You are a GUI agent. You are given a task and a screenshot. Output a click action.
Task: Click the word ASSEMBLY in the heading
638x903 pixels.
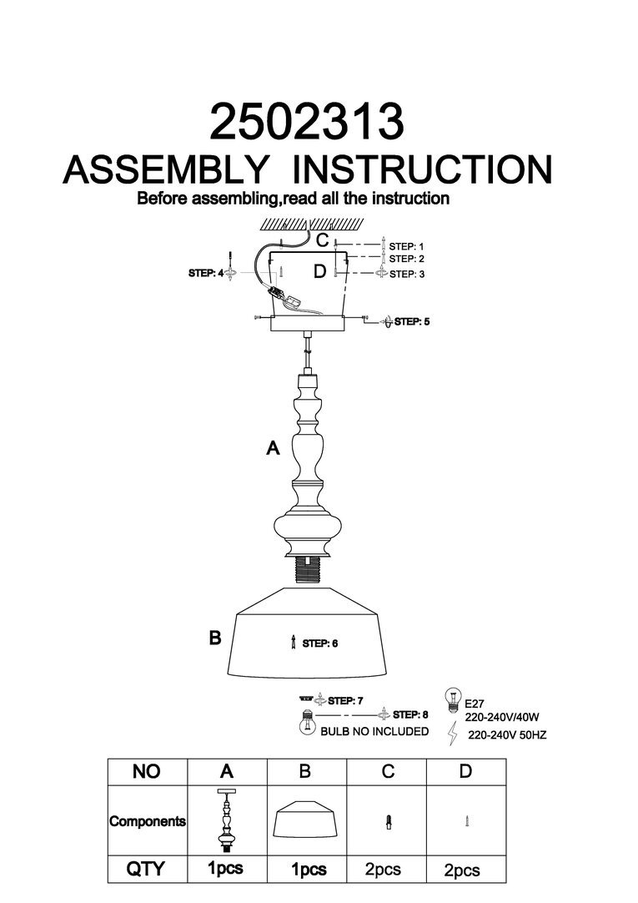167,169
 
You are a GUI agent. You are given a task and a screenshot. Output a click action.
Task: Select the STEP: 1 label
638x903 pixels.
407,246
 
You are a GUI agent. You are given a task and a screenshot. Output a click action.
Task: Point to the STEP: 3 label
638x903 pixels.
407,274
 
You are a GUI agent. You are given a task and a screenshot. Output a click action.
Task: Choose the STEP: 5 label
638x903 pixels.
411,320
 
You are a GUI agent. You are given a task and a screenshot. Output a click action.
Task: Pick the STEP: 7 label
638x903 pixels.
346,700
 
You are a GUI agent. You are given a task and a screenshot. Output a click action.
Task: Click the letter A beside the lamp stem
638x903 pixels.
272,449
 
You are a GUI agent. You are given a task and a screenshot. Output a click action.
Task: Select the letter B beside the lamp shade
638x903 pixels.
214,638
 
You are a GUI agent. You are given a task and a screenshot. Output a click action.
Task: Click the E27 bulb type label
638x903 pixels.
475,704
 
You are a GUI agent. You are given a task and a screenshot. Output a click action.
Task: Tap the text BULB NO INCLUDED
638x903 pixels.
374,731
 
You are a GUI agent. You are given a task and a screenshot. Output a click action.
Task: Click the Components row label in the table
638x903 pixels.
148,821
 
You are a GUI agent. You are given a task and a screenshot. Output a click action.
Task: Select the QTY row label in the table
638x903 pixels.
145,870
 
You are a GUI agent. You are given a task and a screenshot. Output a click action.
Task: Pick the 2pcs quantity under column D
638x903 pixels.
461,870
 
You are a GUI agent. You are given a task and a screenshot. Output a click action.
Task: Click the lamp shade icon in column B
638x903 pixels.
306,822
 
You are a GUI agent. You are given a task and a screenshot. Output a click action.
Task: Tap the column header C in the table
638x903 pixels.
387,772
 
